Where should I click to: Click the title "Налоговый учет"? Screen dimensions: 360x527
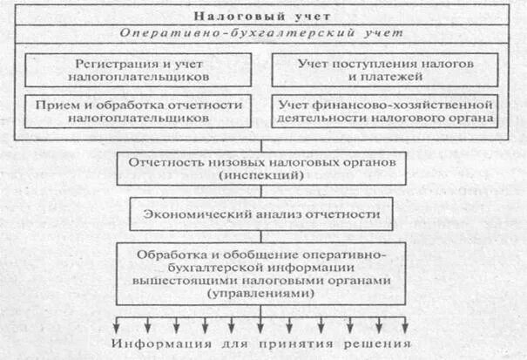pos(262,15)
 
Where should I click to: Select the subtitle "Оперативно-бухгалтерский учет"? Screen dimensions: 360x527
pos(262,34)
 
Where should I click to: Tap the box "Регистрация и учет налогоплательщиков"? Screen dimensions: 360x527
pos(139,70)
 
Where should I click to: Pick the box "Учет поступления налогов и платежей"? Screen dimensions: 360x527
pos(385,70)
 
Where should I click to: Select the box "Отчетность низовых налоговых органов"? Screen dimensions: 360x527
pos(262,168)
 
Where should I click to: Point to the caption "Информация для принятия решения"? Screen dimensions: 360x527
pos(262,342)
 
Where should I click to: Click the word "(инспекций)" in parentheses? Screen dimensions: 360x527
pos(262,175)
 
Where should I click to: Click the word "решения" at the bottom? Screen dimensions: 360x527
pos(377,342)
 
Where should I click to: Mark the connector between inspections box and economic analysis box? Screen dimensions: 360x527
pos(262,191)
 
